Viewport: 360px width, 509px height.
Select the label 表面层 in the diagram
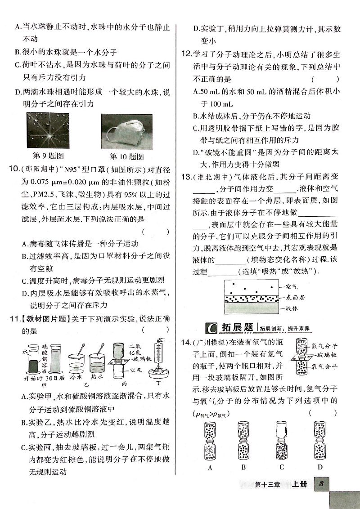[x=292, y=297]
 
